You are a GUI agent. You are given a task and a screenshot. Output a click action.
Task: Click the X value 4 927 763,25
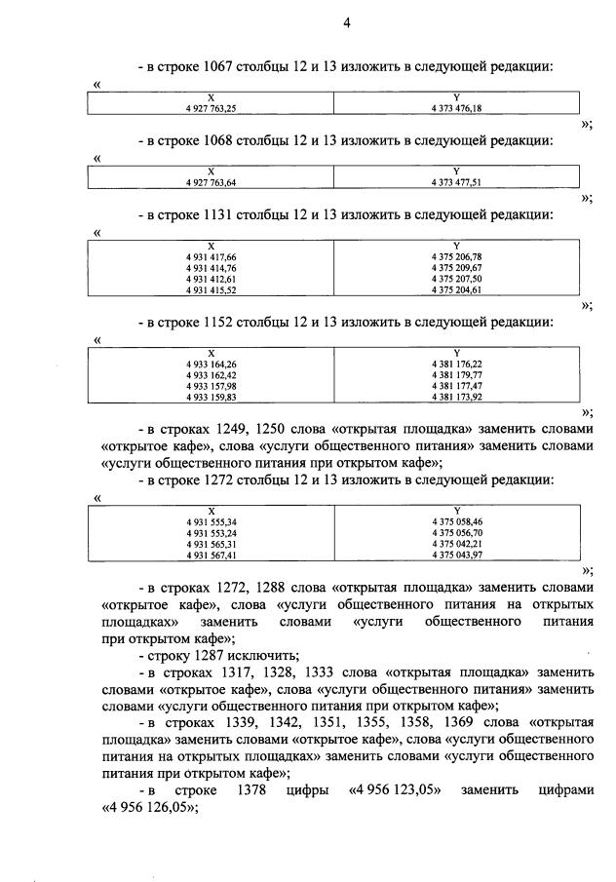211,109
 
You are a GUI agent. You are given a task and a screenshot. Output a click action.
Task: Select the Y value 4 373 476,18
456,109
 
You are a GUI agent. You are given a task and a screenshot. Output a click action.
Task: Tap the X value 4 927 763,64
211,180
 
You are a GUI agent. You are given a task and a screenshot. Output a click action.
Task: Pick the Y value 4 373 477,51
456,180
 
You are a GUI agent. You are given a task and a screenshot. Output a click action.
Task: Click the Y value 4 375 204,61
456,289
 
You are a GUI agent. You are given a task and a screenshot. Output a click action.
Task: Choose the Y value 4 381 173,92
456,398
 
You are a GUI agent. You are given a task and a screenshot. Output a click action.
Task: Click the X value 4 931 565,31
211,545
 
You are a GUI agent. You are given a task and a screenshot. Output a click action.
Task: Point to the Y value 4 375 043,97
456,556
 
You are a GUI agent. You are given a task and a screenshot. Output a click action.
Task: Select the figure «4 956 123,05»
395,790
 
